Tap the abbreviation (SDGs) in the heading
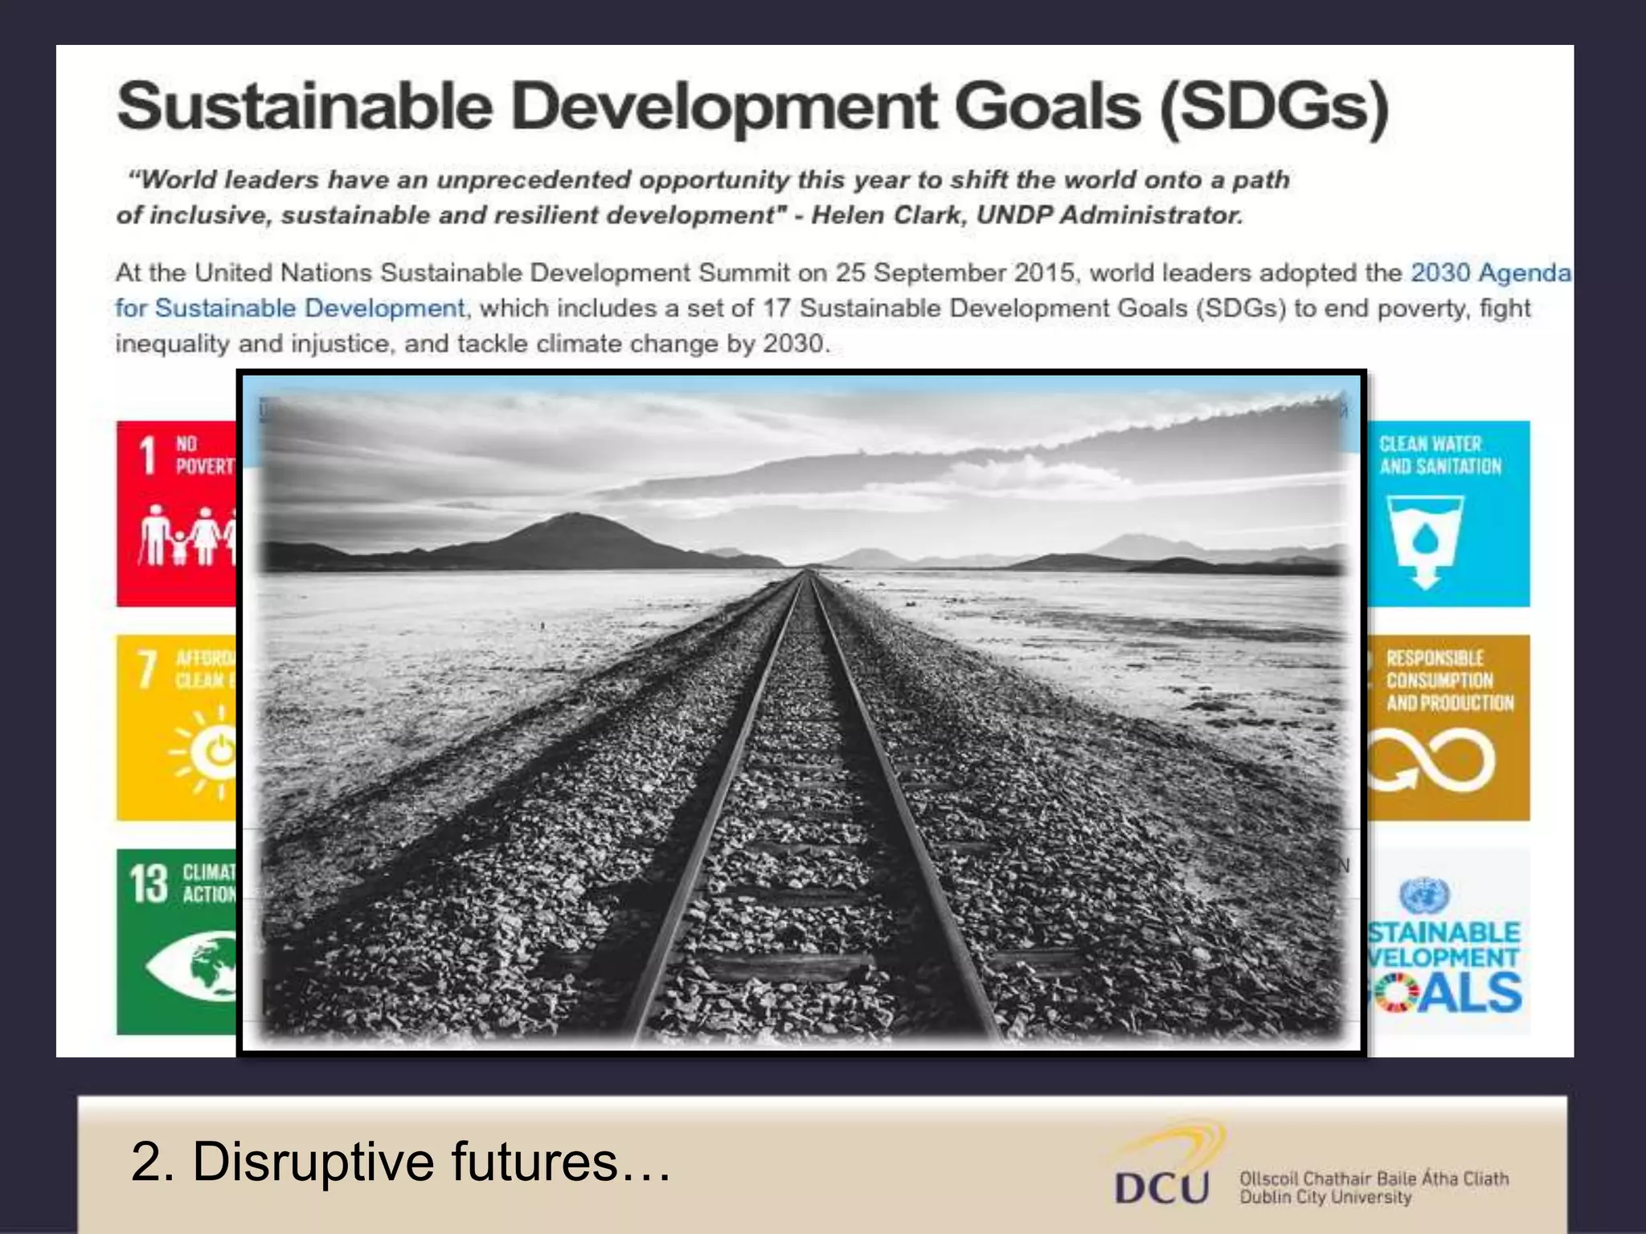[x=1274, y=107]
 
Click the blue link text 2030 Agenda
[x=1490, y=273]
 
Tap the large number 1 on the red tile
[x=147, y=456]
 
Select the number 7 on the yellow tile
[x=147, y=669]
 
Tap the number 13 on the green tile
[x=149, y=884]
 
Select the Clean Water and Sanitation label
[x=1439, y=456]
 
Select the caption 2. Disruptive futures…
[x=400, y=1162]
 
